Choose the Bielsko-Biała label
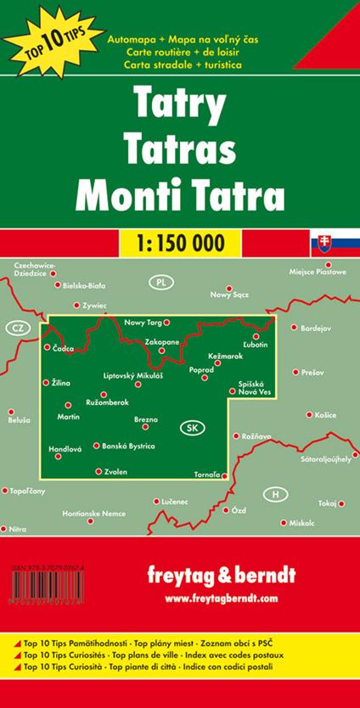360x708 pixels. coord(88,286)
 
